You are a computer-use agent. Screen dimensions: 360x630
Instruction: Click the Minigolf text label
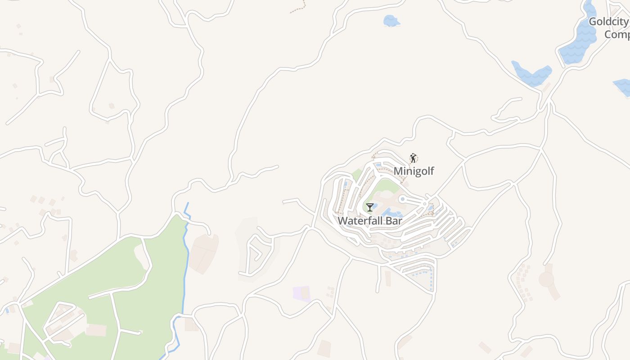tap(414, 171)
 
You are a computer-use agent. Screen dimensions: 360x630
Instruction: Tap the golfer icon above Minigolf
tap(413, 158)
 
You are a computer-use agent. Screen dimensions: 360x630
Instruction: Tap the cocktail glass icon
tap(369, 207)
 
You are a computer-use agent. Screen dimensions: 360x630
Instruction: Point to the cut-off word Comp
tap(616, 35)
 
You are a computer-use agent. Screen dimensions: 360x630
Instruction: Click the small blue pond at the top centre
tap(391, 21)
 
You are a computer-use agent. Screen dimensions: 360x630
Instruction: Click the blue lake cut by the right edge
tap(623, 86)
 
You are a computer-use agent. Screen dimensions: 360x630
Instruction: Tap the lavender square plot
tap(301, 293)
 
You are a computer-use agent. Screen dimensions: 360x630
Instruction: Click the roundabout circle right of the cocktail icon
tap(402, 199)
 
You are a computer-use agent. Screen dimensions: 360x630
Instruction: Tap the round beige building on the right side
tap(547, 279)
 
